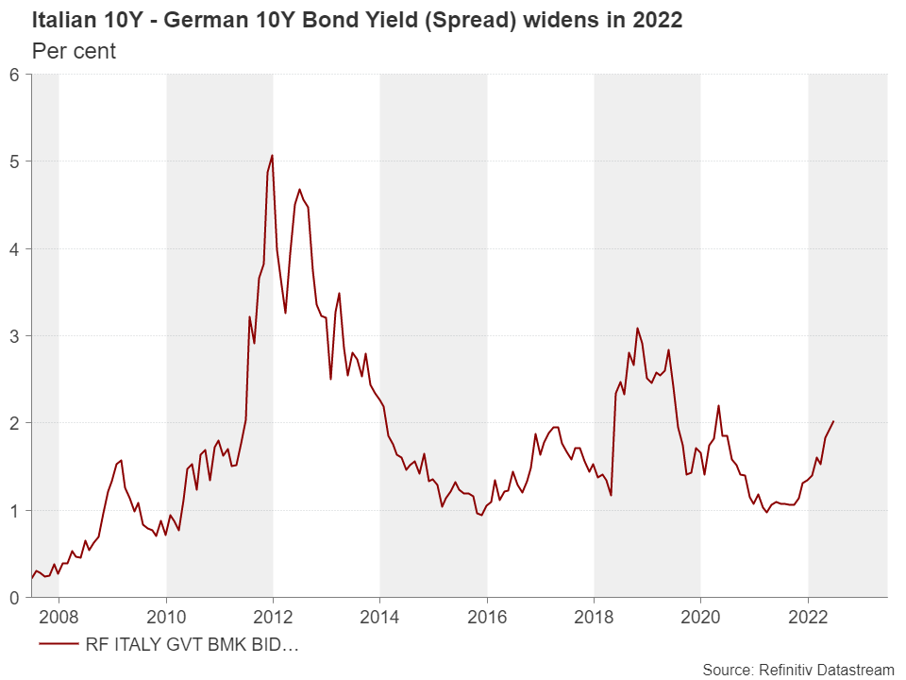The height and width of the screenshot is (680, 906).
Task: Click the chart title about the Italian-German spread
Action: pyautogui.click(x=357, y=21)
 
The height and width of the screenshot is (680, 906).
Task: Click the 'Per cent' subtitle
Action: pyautogui.click(x=74, y=51)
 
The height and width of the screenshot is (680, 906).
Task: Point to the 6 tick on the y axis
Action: pyautogui.click(x=14, y=75)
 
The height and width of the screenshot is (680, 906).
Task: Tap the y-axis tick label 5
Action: pyautogui.click(x=14, y=161)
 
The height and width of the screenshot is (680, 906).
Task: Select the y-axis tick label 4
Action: pyautogui.click(x=14, y=248)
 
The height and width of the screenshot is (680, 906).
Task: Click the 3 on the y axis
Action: pyautogui.click(x=14, y=336)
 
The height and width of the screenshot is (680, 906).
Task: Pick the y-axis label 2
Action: pyautogui.click(x=14, y=423)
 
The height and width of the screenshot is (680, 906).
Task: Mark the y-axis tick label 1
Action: pyautogui.click(x=14, y=510)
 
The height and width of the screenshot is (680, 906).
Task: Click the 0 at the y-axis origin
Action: pyautogui.click(x=14, y=597)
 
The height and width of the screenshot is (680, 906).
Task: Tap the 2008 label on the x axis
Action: pyautogui.click(x=59, y=617)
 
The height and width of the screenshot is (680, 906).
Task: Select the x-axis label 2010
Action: pyautogui.click(x=166, y=617)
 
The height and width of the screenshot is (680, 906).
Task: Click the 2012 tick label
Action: pyautogui.click(x=273, y=617)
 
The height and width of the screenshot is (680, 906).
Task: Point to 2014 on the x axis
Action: pyautogui.click(x=379, y=617)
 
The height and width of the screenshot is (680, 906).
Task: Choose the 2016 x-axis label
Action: pyautogui.click(x=487, y=617)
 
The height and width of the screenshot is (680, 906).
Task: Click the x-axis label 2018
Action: pyautogui.click(x=594, y=617)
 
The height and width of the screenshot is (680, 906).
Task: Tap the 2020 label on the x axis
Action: pyautogui.click(x=700, y=617)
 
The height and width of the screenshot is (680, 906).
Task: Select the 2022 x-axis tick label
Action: pyautogui.click(x=808, y=617)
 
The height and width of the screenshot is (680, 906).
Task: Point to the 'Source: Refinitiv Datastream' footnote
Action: pyautogui.click(x=797, y=670)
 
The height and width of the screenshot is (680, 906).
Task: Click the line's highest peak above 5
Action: pyautogui.click(x=272, y=155)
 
